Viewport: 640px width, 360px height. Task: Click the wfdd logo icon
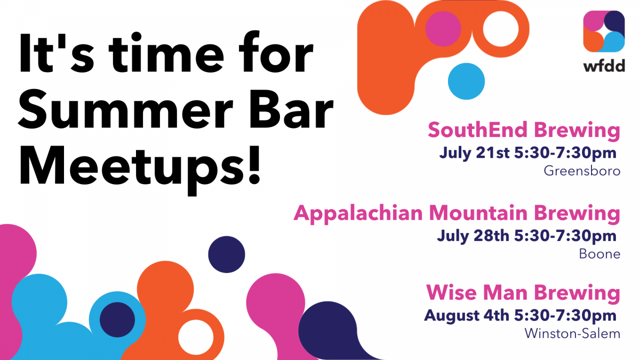click(x=604, y=31)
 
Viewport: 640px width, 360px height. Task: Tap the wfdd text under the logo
click(x=604, y=66)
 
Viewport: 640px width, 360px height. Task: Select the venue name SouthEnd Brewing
click(x=524, y=131)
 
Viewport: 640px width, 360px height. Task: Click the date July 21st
click(x=474, y=154)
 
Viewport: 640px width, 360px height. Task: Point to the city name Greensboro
click(x=582, y=171)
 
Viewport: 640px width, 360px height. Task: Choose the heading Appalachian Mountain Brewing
click(x=457, y=213)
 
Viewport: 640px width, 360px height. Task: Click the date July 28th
click(x=473, y=236)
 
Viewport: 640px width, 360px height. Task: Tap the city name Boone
click(x=599, y=254)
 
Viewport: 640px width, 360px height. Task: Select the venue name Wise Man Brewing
click(x=523, y=293)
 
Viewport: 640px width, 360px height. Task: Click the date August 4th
click(x=467, y=316)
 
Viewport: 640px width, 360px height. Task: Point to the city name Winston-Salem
click(x=572, y=333)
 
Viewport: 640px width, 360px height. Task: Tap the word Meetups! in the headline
click(x=140, y=167)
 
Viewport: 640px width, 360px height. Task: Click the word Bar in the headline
click(x=292, y=109)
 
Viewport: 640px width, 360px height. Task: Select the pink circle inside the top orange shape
click(x=443, y=29)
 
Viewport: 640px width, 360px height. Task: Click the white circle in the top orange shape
click(x=501, y=29)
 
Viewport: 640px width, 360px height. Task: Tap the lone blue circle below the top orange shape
click(x=466, y=82)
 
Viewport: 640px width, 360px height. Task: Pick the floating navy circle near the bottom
click(x=227, y=254)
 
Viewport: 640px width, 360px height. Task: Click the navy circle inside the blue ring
click(x=117, y=319)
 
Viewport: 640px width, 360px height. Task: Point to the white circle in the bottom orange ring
click(x=196, y=338)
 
